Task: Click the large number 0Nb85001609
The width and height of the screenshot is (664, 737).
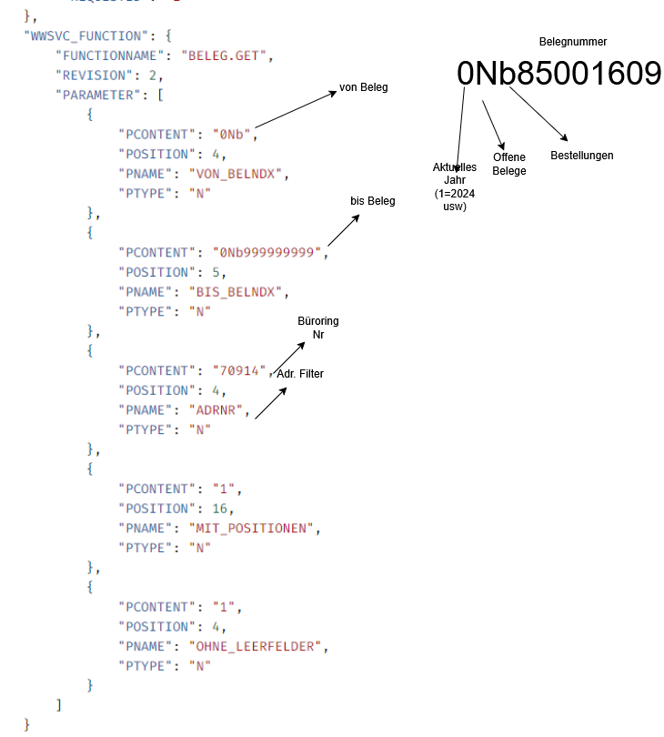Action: click(558, 74)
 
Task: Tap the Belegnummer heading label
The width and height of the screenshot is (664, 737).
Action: click(572, 42)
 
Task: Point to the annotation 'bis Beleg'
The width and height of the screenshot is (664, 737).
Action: click(373, 201)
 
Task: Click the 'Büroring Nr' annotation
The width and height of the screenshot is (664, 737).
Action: click(318, 328)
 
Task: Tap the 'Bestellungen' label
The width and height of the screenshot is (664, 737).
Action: click(582, 156)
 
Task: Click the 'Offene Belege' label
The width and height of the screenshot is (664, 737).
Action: click(509, 164)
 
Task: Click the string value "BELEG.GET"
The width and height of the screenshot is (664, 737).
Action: click(226, 55)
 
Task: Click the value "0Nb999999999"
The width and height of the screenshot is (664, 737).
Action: click(267, 252)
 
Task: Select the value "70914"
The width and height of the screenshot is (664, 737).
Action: click(238, 370)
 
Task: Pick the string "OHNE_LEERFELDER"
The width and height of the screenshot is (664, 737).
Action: click(257, 646)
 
